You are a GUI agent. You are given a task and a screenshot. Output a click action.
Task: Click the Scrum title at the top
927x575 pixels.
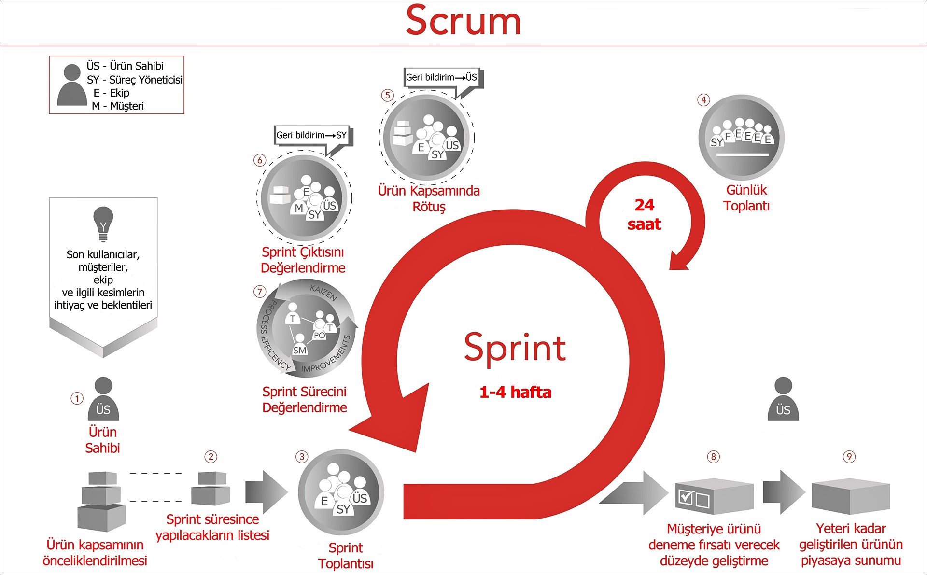point(463,21)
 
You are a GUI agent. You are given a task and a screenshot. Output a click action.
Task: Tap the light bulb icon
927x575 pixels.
point(103,224)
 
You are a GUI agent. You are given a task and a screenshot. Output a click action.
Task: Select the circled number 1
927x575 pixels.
point(77,399)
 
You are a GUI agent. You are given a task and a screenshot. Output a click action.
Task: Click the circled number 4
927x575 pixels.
point(703,100)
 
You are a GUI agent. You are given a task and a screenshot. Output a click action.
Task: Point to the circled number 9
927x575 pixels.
point(849,457)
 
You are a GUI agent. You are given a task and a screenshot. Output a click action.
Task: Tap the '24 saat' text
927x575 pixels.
point(645,215)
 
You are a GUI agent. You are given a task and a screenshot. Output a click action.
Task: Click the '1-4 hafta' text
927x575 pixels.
point(515,392)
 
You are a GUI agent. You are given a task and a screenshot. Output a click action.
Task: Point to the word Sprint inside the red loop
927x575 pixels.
point(515,348)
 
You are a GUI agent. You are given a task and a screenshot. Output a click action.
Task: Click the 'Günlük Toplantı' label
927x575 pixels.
point(746,198)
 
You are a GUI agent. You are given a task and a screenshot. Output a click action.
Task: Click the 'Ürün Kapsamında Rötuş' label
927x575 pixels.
point(429,198)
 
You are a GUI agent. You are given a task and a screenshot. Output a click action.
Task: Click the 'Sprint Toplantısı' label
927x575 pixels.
point(346,556)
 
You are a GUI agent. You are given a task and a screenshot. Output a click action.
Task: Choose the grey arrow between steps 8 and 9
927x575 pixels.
point(783,492)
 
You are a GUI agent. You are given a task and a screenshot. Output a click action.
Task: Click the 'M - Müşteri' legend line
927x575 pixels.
point(118,106)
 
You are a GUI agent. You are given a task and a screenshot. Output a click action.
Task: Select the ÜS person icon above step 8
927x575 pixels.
point(783,399)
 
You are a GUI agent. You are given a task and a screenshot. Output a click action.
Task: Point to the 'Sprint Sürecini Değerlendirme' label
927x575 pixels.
point(305,400)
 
